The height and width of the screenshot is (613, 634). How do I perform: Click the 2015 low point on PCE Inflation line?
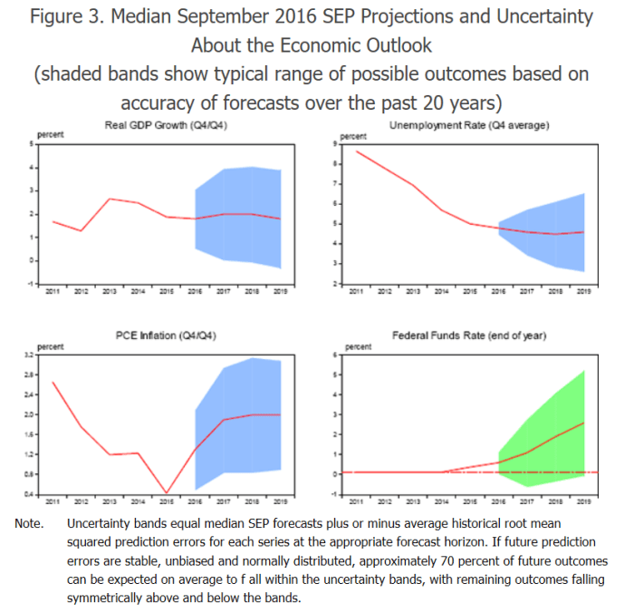pos(167,492)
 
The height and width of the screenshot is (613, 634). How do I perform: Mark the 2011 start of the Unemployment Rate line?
pos(357,151)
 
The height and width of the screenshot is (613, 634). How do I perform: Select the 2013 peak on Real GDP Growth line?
pos(110,199)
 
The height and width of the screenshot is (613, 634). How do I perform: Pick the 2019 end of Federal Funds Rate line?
pos(584,423)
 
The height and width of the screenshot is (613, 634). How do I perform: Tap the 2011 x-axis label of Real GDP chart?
pos(53,292)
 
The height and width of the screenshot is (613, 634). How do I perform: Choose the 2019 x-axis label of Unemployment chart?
pos(584,292)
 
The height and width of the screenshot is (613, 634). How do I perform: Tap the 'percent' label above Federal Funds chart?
pos(359,345)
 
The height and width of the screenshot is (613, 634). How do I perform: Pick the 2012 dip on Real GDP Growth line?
pos(82,230)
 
